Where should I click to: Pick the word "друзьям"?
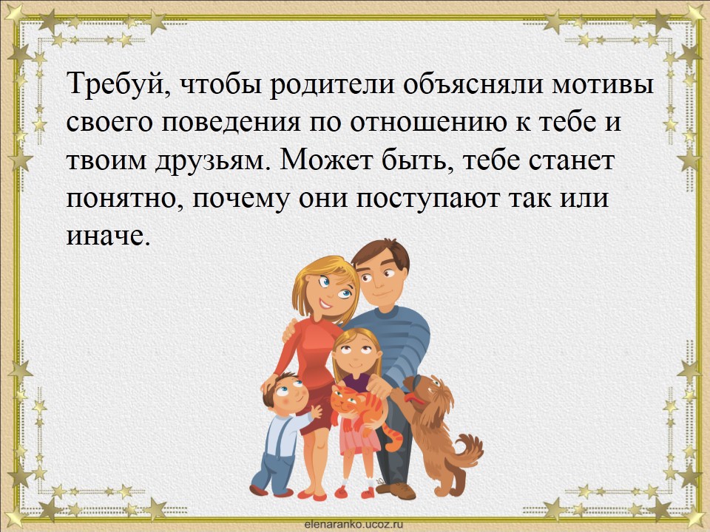click(x=210, y=162)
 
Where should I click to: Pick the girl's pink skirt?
click(x=358, y=437)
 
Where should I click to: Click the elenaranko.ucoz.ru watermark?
click(x=354, y=525)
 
